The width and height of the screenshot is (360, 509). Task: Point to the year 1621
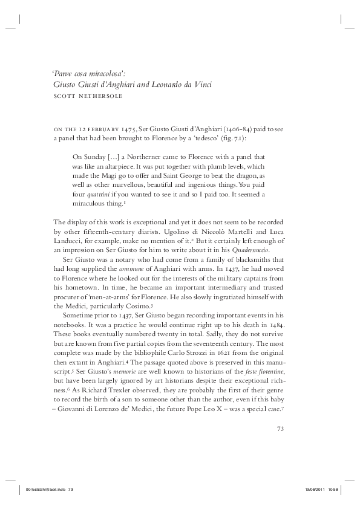point(232,352)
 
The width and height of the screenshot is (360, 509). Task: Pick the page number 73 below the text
point(280,429)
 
